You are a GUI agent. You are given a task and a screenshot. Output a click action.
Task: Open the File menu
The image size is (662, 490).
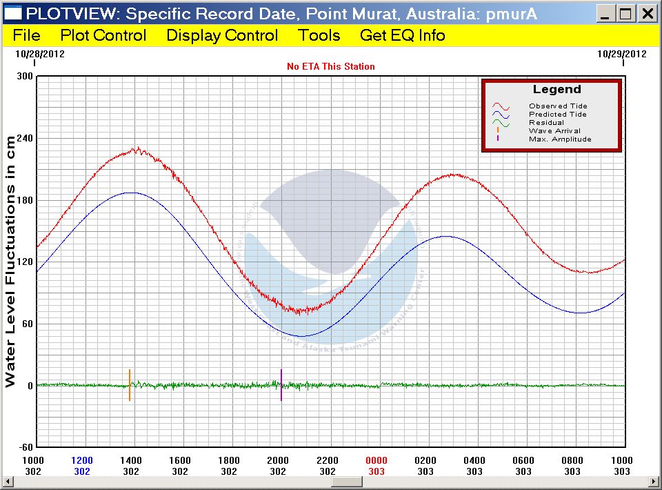pyautogui.click(x=26, y=36)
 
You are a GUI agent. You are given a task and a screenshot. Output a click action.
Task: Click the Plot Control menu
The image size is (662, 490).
pyautogui.click(x=103, y=36)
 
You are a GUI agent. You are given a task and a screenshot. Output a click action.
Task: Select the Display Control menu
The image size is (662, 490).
pyautogui.click(x=222, y=36)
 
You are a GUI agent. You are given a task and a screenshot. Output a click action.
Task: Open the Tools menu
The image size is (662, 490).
pyautogui.click(x=319, y=36)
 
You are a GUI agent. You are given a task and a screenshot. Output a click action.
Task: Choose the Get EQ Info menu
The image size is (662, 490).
pyautogui.click(x=403, y=36)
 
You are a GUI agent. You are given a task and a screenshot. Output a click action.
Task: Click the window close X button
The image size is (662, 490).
pyautogui.click(x=647, y=14)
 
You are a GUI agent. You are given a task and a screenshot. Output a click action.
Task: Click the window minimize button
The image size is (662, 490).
pyautogui.click(x=605, y=14)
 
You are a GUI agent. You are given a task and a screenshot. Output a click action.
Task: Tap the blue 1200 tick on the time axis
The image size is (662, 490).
pyautogui.click(x=82, y=460)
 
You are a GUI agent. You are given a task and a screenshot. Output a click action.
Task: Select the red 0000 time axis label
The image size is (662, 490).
pyautogui.click(x=376, y=460)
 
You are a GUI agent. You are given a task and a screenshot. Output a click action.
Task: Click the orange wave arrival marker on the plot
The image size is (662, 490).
pyautogui.click(x=129, y=385)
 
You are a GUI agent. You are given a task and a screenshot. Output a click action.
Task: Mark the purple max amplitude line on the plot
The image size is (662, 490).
pyautogui.click(x=281, y=385)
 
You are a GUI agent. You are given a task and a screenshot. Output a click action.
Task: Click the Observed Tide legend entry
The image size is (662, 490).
pyautogui.click(x=558, y=106)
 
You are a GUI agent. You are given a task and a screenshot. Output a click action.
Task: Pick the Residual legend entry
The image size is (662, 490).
pyautogui.click(x=546, y=123)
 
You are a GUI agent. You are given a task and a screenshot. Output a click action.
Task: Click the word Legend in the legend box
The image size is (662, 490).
pyautogui.click(x=557, y=90)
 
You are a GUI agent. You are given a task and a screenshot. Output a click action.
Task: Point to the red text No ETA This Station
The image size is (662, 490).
pyautogui.click(x=331, y=66)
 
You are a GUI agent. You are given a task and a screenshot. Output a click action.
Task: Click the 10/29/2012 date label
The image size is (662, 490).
pyautogui.click(x=622, y=54)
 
